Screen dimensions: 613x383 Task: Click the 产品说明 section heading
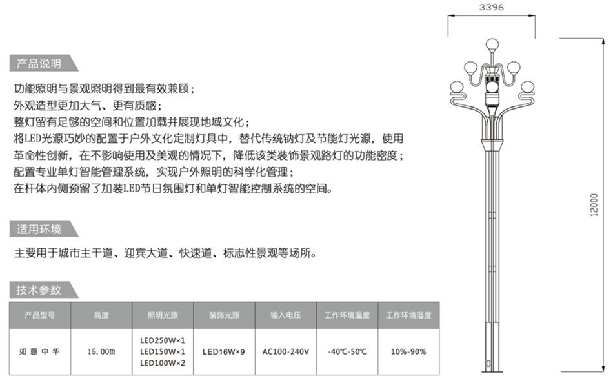[x=39, y=63]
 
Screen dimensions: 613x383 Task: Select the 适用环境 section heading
[x=39, y=229]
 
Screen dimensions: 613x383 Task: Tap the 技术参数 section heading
[x=39, y=290]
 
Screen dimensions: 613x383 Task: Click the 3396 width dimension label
[x=492, y=7]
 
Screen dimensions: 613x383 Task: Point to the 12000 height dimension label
[x=594, y=205]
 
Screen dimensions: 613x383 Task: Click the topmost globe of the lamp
[x=492, y=44]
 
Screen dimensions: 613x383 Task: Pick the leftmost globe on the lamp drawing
[x=456, y=88]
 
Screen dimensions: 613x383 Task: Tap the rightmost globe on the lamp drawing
[x=527, y=88]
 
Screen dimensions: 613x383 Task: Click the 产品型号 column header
[x=40, y=315]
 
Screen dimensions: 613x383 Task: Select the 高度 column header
[x=101, y=315]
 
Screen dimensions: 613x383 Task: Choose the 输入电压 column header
[x=286, y=315]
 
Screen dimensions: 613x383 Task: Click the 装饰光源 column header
[x=225, y=315]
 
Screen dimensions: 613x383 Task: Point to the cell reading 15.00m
[x=101, y=352]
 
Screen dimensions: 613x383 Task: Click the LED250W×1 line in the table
[x=163, y=340]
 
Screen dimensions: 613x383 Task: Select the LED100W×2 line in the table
[x=163, y=363]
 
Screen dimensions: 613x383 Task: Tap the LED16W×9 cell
[x=224, y=352]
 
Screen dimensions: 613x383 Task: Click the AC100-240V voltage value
[x=286, y=352]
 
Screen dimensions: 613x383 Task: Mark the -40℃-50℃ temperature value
[x=347, y=352]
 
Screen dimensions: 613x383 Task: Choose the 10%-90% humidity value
[x=408, y=352]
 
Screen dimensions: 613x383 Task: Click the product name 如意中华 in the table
[x=39, y=352]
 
